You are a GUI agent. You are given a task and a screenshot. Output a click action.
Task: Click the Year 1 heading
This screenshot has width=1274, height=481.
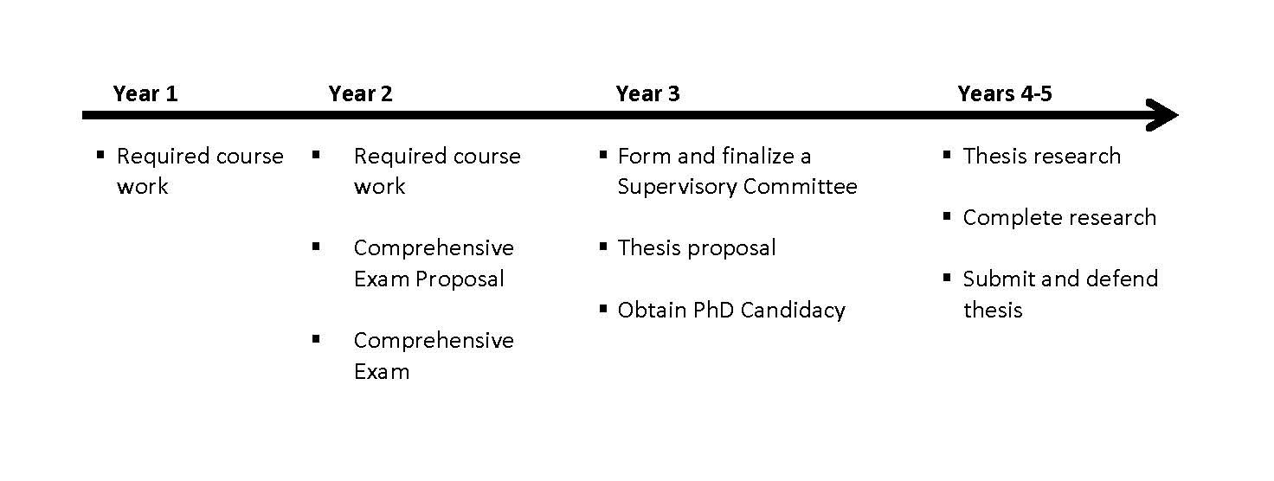pyautogui.click(x=145, y=93)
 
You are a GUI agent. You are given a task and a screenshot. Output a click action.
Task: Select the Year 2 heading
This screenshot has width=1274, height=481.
pyautogui.click(x=361, y=93)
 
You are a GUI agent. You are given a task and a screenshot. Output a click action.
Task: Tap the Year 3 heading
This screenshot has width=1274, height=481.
pyautogui.click(x=647, y=93)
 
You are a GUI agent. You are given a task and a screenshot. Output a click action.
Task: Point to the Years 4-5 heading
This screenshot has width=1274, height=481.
pyautogui.click(x=1005, y=93)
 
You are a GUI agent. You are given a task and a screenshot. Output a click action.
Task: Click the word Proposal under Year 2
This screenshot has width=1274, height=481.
pyautogui.click(x=460, y=279)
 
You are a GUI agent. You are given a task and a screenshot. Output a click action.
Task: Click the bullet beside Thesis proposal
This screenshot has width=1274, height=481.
pyautogui.click(x=603, y=247)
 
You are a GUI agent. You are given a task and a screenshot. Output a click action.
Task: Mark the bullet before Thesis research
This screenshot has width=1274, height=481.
pyautogui.click(x=947, y=154)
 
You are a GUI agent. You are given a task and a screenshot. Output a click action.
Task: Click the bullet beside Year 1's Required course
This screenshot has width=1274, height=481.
pyautogui.click(x=100, y=154)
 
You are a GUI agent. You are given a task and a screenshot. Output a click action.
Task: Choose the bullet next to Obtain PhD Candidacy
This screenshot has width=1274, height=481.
pyautogui.click(x=603, y=309)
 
